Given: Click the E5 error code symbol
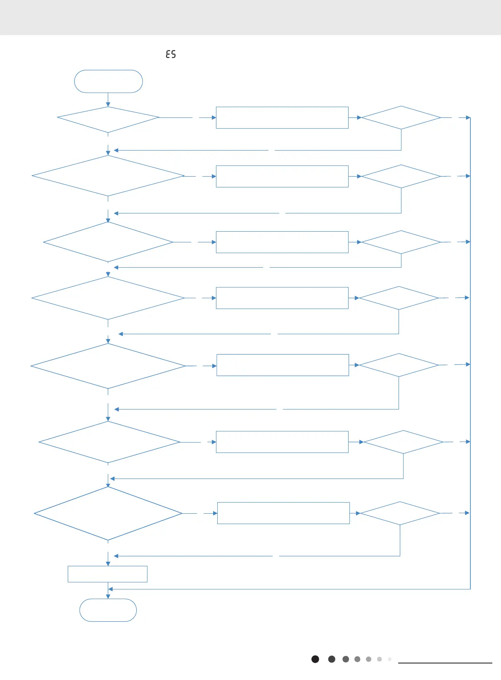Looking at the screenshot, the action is [x=171, y=54].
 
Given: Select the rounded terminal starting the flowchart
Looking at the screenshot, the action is [x=108, y=81].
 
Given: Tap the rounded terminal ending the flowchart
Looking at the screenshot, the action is [x=108, y=610].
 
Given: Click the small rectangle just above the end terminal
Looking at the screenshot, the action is [x=107, y=574].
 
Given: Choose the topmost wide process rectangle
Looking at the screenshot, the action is [x=282, y=118].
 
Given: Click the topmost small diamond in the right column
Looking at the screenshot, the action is [x=401, y=118].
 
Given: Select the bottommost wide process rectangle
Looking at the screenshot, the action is [x=283, y=513].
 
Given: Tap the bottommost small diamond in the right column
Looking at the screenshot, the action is [x=400, y=513].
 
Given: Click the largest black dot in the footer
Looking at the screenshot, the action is [x=315, y=659].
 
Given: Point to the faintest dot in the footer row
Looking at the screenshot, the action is [x=389, y=659].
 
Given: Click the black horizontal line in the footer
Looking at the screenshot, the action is [x=445, y=663].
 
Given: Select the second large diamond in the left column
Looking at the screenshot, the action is [x=108, y=176].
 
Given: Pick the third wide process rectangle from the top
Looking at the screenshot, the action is [x=282, y=242].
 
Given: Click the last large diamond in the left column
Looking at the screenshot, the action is [x=108, y=513].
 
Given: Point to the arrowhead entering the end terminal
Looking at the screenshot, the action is [x=108, y=596].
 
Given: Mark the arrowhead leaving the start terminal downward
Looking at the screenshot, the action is [x=108, y=105].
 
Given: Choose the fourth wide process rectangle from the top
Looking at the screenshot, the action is [x=282, y=298].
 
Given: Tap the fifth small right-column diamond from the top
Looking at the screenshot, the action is [x=399, y=365].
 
